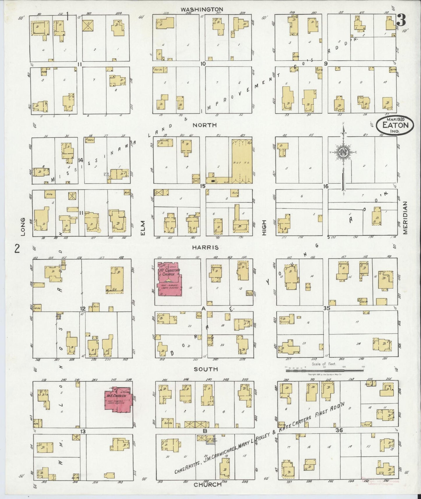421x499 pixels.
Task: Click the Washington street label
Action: point(202,9)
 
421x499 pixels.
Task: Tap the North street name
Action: point(205,125)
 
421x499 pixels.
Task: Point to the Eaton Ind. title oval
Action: point(395,125)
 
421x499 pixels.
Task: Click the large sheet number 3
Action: point(401,20)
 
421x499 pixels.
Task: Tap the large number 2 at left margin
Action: point(17,249)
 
